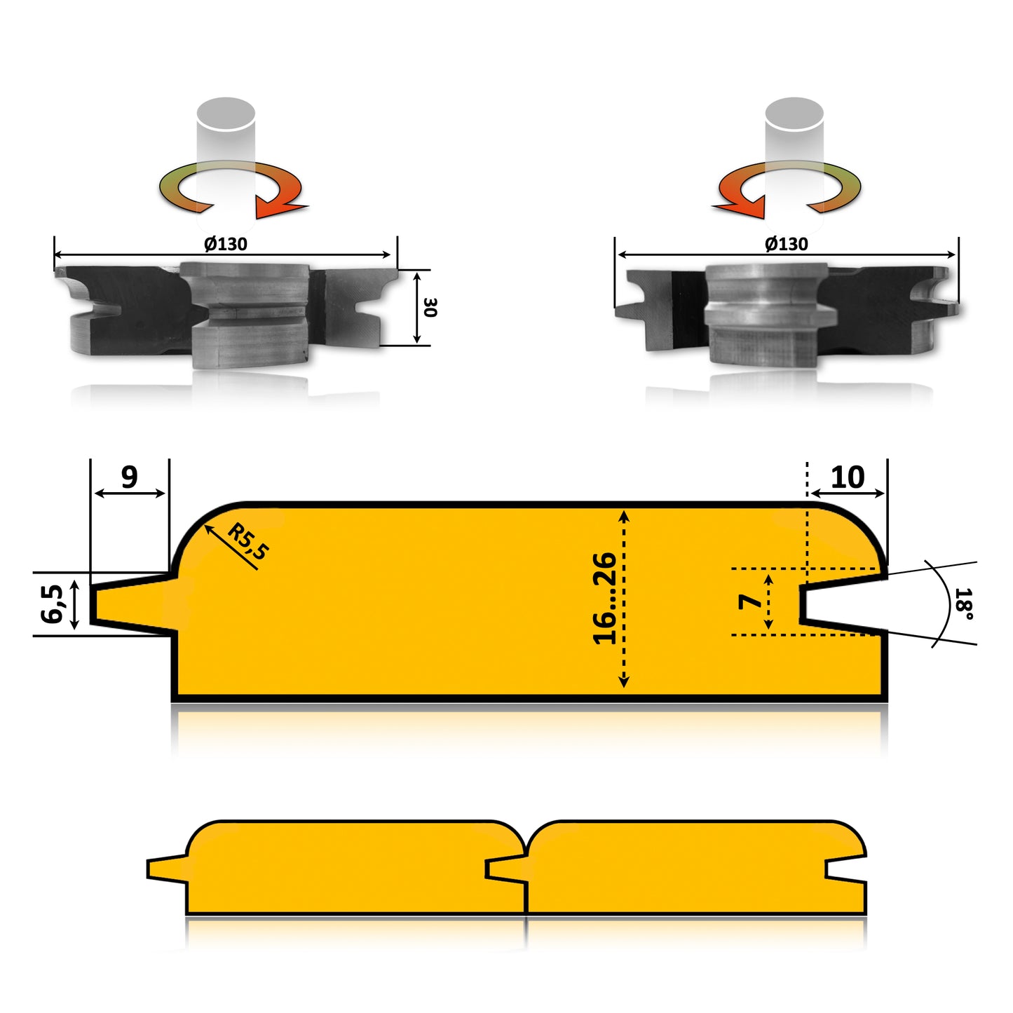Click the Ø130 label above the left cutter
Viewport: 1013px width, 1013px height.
pyautogui.click(x=226, y=244)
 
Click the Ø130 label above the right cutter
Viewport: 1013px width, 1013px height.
pyautogui.click(x=787, y=244)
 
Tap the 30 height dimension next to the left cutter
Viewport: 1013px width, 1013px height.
pyautogui.click(x=430, y=307)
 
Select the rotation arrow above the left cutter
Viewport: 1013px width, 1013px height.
pyautogui.click(x=231, y=188)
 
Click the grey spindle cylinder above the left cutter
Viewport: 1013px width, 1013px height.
pyautogui.click(x=226, y=123)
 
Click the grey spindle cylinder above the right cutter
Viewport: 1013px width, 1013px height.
pyautogui.click(x=794, y=123)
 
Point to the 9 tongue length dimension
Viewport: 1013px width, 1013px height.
pyautogui.click(x=130, y=477)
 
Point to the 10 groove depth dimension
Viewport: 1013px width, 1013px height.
pyautogui.click(x=847, y=477)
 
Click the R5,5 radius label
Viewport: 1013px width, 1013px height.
pyautogui.click(x=247, y=541)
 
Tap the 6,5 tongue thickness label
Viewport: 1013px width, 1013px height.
pyautogui.click(x=52, y=604)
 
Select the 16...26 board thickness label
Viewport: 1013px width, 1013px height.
pyautogui.click(x=604, y=598)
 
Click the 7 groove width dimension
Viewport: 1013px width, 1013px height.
pyautogui.click(x=751, y=601)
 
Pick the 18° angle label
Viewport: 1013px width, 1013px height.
pyautogui.click(x=964, y=604)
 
